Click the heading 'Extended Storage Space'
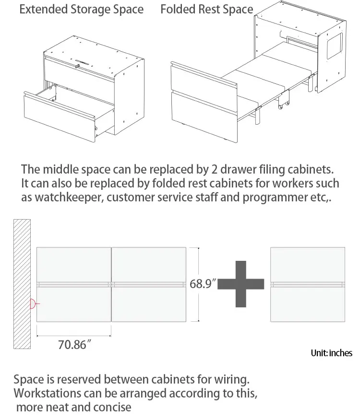[81, 10]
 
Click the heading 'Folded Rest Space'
[206, 10]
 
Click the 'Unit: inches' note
[331, 353]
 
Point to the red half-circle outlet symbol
[33, 303]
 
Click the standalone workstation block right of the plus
[308, 284]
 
